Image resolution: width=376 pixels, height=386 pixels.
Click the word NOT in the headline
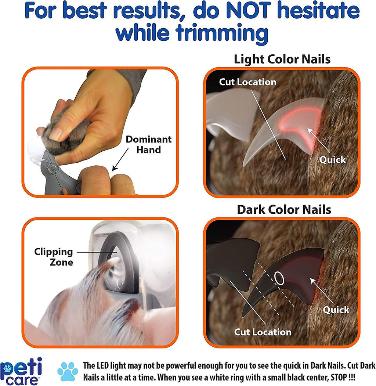click(x=249, y=10)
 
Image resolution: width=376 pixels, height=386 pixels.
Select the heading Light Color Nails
click(x=282, y=59)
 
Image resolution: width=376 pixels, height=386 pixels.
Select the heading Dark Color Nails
click(x=284, y=210)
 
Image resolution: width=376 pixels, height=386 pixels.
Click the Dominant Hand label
click(x=149, y=144)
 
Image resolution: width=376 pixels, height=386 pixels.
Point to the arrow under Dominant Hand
click(x=120, y=159)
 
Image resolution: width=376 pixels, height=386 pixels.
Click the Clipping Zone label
click(x=54, y=257)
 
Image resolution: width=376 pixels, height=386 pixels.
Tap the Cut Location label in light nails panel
click(x=247, y=82)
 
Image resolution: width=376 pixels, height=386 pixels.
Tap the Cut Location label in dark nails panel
click(x=263, y=332)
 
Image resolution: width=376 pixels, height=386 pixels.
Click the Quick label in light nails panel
click(x=332, y=160)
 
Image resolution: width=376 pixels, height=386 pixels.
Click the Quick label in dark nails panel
click(x=336, y=310)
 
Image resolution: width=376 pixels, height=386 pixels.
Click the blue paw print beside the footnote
click(x=68, y=371)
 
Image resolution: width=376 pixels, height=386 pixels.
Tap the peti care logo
click(x=21, y=371)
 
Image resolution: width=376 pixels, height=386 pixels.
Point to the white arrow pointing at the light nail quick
click(x=319, y=141)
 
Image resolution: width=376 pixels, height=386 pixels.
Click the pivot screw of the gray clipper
click(x=53, y=168)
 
